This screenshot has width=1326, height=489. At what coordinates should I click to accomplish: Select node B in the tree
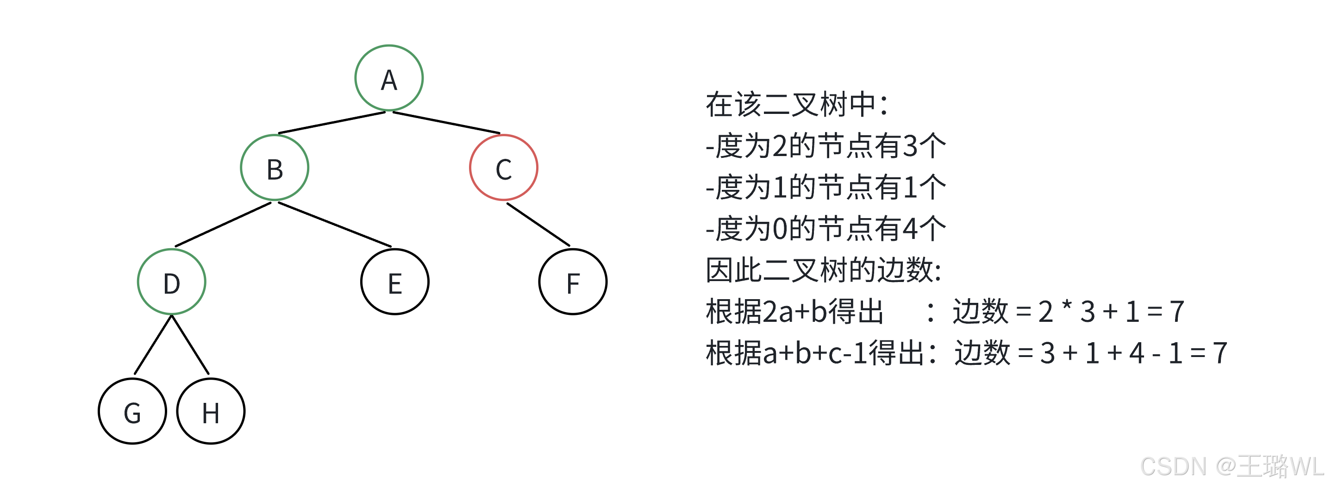275,168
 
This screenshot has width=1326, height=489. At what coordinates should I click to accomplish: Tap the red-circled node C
503,168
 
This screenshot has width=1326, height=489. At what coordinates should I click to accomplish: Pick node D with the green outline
171,282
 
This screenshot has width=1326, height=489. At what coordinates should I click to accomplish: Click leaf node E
395,282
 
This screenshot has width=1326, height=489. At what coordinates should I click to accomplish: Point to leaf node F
573,282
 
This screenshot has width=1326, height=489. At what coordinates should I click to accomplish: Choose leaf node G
132,411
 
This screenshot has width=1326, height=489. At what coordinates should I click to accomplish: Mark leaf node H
211,411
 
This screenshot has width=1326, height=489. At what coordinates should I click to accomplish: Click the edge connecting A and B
331,123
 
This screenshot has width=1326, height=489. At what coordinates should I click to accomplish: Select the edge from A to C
446,123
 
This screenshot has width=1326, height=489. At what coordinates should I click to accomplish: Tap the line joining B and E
335,225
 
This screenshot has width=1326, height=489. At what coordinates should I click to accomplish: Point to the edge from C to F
538,225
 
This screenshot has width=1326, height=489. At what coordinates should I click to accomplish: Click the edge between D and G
153,345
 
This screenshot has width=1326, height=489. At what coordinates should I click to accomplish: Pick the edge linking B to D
223,225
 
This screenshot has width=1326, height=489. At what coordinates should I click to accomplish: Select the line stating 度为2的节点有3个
826,146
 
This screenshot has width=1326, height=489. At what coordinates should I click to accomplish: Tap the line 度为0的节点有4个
826,229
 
